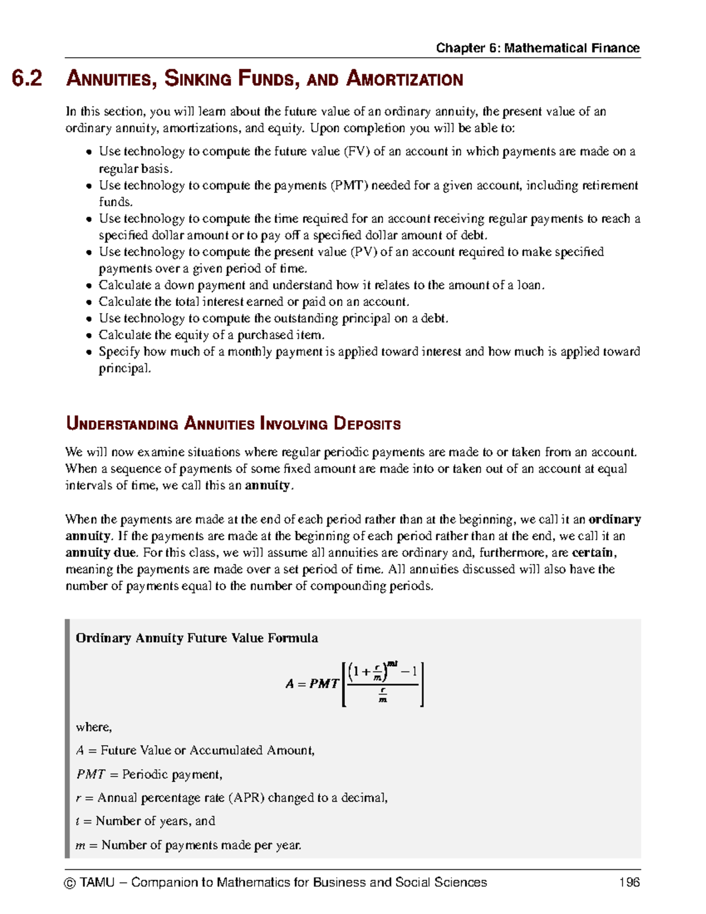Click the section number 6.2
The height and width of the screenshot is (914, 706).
coord(27,79)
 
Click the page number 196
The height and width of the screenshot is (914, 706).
coord(629,882)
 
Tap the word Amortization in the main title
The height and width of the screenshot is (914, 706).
coord(405,79)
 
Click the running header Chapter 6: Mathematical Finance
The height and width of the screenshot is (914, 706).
coord(538,48)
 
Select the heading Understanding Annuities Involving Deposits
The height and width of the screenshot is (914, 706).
coord(233,424)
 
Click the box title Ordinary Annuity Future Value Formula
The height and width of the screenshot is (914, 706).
coord(197,638)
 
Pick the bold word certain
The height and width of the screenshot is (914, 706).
coord(594,553)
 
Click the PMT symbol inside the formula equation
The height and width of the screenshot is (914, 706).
coord(324,684)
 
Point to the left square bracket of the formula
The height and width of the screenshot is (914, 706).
coord(344,684)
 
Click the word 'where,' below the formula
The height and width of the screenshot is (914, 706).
coord(94,727)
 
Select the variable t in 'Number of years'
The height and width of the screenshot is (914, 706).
coord(78,821)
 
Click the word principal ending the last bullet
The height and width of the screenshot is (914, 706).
coord(124,369)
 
